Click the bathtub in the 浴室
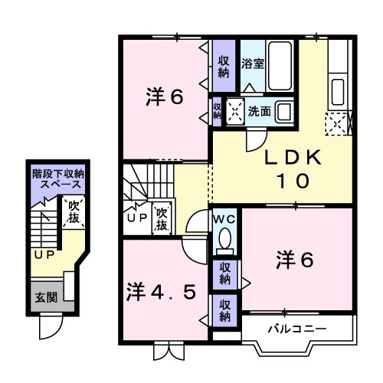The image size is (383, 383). click(x=280, y=64)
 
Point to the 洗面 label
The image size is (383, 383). click(x=258, y=111)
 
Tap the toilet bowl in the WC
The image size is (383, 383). click(x=226, y=243)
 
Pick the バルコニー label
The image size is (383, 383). click(x=296, y=329)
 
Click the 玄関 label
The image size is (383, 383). click(x=44, y=297)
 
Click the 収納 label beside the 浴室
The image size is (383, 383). click(x=223, y=67)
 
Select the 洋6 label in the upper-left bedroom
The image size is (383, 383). click(x=165, y=97)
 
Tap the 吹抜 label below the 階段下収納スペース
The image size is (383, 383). click(x=74, y=211)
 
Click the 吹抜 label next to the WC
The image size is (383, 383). click(x=161, y=220)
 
